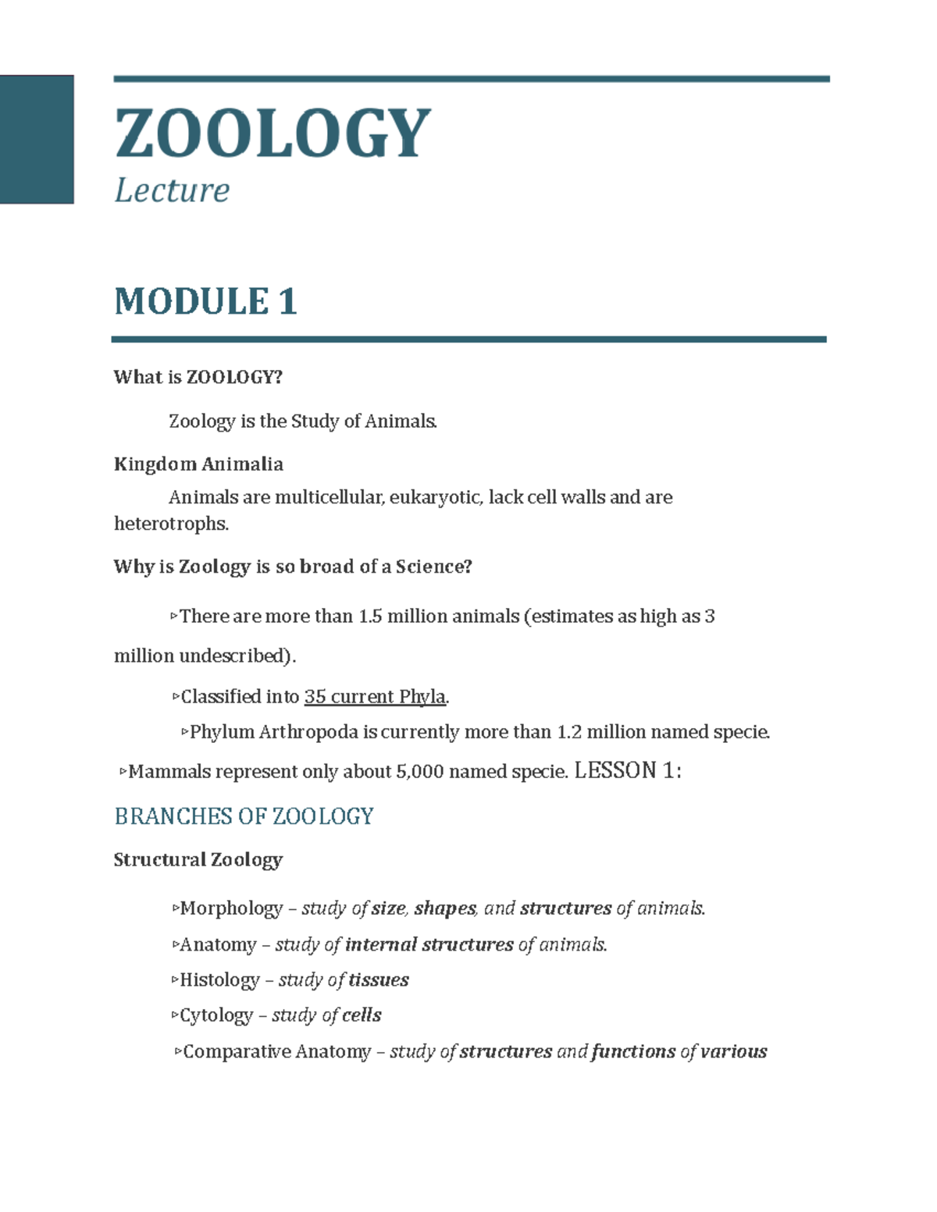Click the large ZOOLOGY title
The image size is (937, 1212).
pyautogui.click(x=272, y=133)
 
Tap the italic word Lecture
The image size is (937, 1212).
pyautogui.click(x=172, y=190)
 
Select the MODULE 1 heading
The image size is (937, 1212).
pyautogui.click(x=205, y=301)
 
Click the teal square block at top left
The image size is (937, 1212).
pyautogui.click(x=37, y=139)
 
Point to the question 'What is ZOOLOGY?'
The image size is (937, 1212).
pyautogui.click(x=198, y=378)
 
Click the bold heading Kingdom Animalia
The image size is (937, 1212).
pyautogui.click(x=198, y=464)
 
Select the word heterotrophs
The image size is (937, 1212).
pyautogui.click(x=171, y=524)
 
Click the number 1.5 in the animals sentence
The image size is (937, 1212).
pyautogui.click(x=369, y=617)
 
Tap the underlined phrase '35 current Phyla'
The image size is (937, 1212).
pyautogui.click(x=375, y=697)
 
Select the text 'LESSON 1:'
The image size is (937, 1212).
pyautogui.click(x=628, y=771)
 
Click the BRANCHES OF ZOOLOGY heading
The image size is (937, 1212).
pyautogui.click(x=244, y=816)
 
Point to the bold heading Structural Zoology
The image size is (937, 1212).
pyautogui.click(x=198, y=860)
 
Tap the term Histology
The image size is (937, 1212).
pyautogui.click(x=219, y=980)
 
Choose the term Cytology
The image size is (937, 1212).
pyautogui.click(x=216, y=1015)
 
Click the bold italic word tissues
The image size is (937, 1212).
pyautogui.click(x=379, y=980)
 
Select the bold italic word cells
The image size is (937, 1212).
pyautogui.click(x=362, y=1015)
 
